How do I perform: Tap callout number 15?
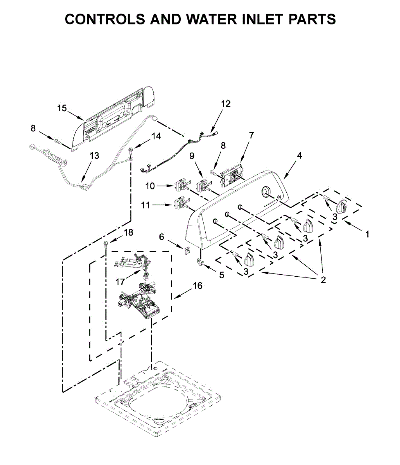[62, 108]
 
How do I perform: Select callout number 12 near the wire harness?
[226, 104]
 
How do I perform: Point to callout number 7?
[251, 135]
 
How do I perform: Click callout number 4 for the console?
[299, 155]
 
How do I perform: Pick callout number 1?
[367, 234]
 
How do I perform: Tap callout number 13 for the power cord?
[94, 156]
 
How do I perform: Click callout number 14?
[156, 136]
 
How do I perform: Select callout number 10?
[150, 186]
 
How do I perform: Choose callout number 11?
[145, 205]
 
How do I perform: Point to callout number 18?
[128, 232]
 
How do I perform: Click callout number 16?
[197, 286]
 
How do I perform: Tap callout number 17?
[120, 282]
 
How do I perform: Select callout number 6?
[162, 237]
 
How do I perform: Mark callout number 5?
[222, 275]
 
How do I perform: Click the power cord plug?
[33, 147]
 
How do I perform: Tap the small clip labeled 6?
[187, 250]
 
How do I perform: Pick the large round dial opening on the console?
[266, 191]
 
